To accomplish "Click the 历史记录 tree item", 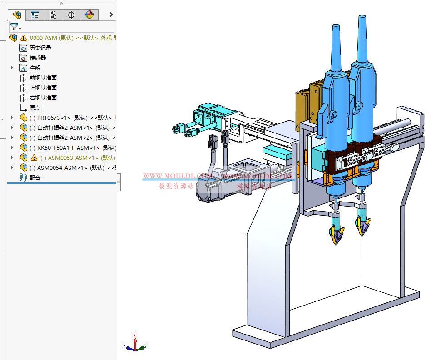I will [40, 48].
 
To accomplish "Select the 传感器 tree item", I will [37, 58].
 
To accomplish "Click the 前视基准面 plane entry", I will [43, 78].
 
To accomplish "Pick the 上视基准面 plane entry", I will [43, 88].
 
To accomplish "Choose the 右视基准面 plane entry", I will [43, 98].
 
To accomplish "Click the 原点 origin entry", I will [35, 108].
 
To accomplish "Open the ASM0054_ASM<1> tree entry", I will [68, 168].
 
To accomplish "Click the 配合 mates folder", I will [35, 178].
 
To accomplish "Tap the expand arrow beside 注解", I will [12, 68].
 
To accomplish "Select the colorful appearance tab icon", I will [89, 15].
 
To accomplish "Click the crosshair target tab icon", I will [71, 15].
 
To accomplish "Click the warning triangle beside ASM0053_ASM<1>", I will [34, 158].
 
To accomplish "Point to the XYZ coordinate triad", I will [135, 344].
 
